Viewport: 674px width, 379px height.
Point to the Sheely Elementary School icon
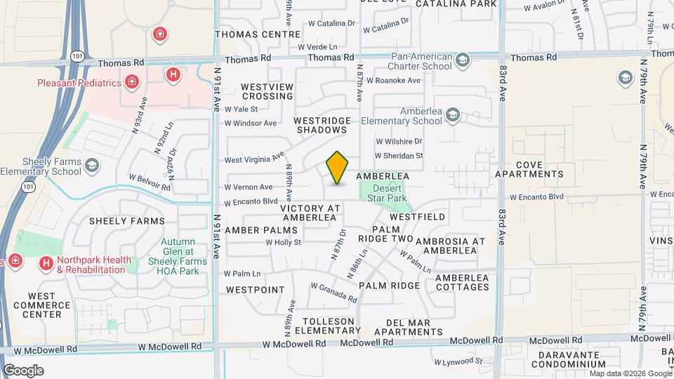click(x=91, y=166)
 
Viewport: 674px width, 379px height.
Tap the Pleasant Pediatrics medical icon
click(x=131, y=83)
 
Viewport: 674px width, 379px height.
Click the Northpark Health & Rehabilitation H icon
click(x=46, y=263)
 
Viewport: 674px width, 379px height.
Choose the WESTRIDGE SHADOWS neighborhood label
click(x=322, y=125)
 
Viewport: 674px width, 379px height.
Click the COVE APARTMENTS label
click(x=539, y=168)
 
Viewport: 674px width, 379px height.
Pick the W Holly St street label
click(x=283, y=242)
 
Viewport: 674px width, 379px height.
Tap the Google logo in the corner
click(x=23, y=370)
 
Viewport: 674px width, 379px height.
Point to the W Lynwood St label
click(x=458, y=362)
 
